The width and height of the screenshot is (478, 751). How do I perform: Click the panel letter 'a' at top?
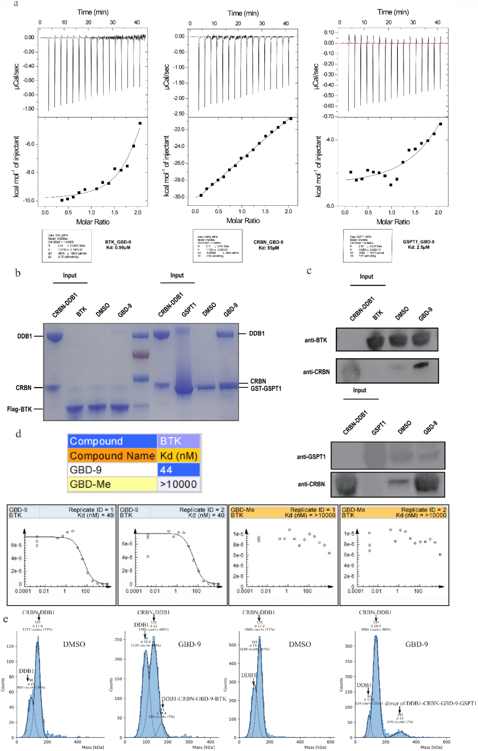click(16, 4)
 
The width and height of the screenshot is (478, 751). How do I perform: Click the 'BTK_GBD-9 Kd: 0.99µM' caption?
click(118, 245)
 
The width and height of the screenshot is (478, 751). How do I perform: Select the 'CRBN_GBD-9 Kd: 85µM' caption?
click(268, 245)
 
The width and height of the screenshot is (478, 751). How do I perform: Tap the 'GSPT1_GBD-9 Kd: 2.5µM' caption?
click(418, 244)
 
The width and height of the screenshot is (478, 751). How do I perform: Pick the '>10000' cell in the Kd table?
click(178, 484)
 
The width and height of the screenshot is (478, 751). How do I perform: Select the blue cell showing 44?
click(178, 470)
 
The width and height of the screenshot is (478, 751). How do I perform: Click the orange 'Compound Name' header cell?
click(112, 456)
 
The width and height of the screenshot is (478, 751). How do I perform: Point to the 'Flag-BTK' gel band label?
click(19, 409)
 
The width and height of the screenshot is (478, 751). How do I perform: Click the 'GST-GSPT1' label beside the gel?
click(266, 388)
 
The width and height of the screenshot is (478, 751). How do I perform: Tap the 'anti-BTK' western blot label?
click(316, 340)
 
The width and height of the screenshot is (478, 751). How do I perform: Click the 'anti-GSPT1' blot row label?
click(311, 457)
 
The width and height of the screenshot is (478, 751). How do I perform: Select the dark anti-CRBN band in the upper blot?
click(421, 366)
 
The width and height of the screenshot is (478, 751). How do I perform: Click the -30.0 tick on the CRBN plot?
click(179, 196)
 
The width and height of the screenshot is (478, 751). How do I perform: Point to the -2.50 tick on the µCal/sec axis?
click(179, 114)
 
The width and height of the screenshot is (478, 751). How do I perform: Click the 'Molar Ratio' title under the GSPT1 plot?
click(393, 222)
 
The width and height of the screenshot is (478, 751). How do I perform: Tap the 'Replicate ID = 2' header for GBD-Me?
click(424, 510)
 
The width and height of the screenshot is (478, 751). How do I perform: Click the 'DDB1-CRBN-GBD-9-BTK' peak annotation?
click(194, 699)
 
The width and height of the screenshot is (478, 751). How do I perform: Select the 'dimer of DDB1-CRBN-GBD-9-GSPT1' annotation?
click(430, 703)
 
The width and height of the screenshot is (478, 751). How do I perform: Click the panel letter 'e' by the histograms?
click(5, 619)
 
